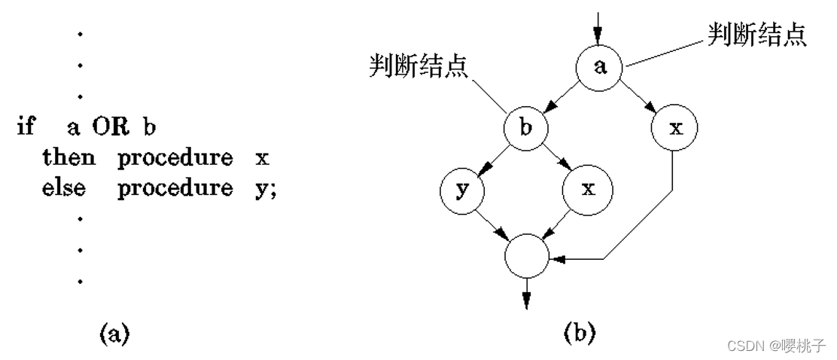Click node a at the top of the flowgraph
click(600, 67)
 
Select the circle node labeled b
click(526, 128)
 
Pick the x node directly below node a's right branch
click(675, 128)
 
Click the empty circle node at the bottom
click(527, 257)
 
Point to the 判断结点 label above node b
click(418, 67)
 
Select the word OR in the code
click(111, 127)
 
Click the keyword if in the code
click(26, 126)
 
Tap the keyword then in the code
click(68, 157)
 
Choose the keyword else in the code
click(64, 188)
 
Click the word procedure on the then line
click(175, 158)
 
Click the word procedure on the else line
click(175, 188)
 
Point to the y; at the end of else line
click(266, 189)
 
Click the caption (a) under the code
click(114, 333)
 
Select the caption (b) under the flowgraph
click(580, 331)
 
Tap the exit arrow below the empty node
click(526, 294)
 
